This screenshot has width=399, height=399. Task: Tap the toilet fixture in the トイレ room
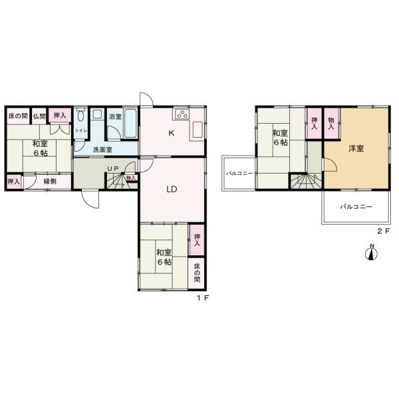click(x=80, y=115)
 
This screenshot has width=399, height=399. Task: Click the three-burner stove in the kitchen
click(x=182, y=114)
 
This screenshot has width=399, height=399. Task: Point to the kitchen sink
click(x=198, y=130)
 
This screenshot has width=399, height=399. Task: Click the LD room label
click(x=172, y=189)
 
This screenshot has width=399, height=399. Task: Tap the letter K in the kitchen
click(x=172, y=133)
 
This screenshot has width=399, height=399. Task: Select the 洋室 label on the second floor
click(x=356, y=148)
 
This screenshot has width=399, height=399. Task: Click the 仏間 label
click(x=39, y=116)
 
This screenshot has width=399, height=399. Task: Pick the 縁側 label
click(x=50, y=182)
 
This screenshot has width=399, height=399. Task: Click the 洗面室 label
click(x=102, y=150)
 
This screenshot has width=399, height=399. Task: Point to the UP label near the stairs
click(x=113, y=168)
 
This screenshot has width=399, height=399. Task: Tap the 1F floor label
click(x=203, y=298)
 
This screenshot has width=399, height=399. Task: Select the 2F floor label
click(x=383, y=231)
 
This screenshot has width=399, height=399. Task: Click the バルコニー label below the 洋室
click(x=356, y=206)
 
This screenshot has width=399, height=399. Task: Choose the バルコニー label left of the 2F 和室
click(x=239, y=174)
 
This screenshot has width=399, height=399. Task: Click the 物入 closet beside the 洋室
click(x=331, y=124)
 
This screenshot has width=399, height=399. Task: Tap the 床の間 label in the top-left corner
click(x=18, y=116)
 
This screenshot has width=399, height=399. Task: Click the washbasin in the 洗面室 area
click(x=97, y=114)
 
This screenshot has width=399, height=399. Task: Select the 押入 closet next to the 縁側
click(x=14, y=182)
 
